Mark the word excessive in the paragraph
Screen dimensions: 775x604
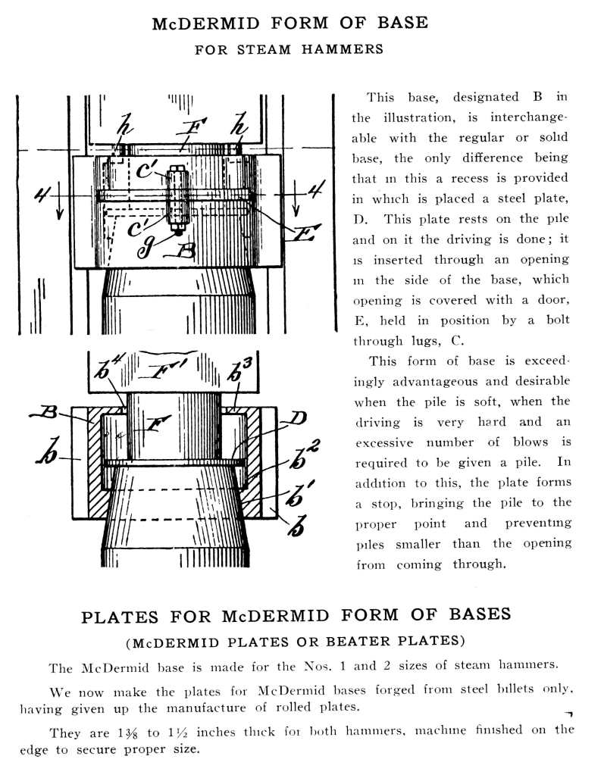pos(383,442)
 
